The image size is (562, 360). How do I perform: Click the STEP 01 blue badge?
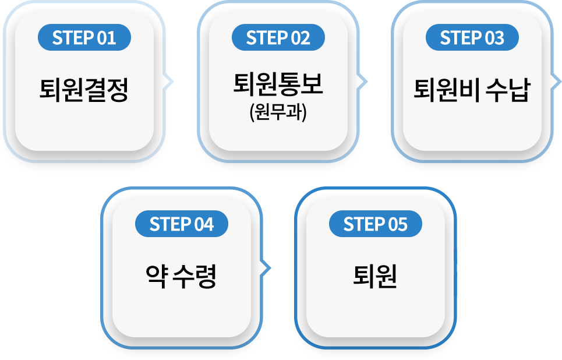[84, 38]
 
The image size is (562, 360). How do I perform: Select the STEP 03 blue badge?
[472, 38]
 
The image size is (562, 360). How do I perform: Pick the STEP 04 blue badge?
[181, 225]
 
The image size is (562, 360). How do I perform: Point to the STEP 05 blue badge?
[375, 225]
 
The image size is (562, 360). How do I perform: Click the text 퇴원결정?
[84, 90]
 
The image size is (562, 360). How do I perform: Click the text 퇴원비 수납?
[472, 90]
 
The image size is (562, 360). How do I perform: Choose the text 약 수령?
[181, 276]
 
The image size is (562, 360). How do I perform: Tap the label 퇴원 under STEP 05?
[375, 276]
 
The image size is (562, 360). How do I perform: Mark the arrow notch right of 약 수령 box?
[268, 267]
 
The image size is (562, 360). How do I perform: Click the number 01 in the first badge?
[107, 38]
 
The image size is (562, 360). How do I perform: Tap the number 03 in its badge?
[494, 38]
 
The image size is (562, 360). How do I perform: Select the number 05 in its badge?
[398, 225]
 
